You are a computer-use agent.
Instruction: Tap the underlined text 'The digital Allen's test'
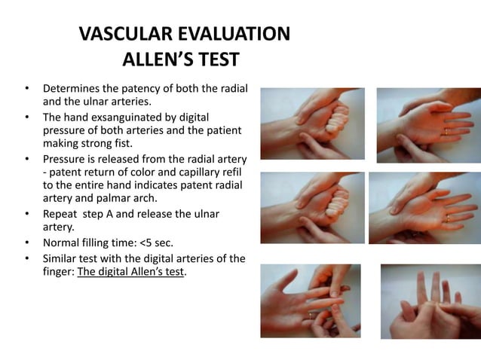pos(129,273)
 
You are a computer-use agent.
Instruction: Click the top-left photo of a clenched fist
pos(312,124)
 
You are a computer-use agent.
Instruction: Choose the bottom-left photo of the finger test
pos(311,301)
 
